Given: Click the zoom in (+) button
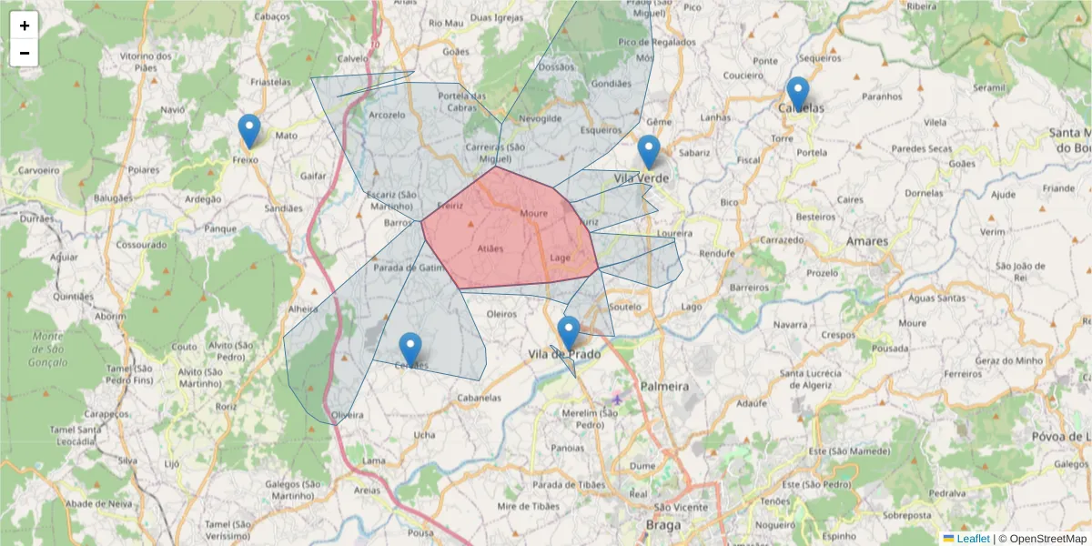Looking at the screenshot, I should (25, 25).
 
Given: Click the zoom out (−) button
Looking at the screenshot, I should (25, 53).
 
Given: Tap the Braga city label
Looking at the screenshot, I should (662, 526).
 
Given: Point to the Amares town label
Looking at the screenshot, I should (865, 241).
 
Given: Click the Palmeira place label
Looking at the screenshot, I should (664, 387).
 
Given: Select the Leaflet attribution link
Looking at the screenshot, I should (972, 539).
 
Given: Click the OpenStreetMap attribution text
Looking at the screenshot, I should (1043, 539).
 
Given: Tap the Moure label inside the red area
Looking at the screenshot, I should (534, 214).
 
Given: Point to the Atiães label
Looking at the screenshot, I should (490, 248).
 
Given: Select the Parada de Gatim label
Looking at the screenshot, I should (407, 268).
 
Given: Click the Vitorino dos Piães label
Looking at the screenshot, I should (146, 61).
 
